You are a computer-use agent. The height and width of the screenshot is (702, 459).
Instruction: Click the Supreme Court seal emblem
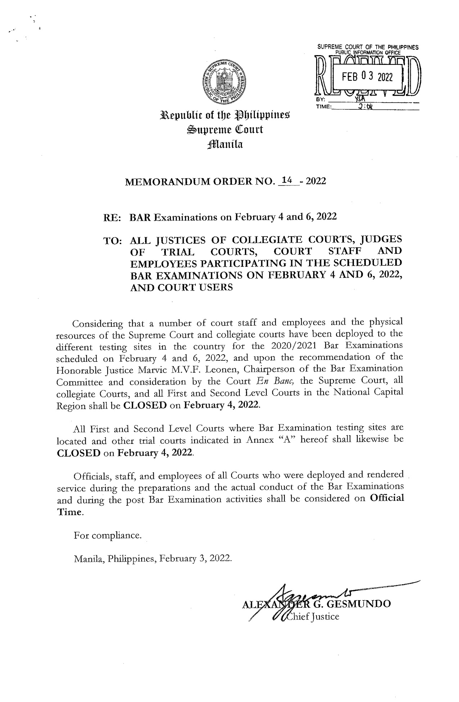(x=225, y=80)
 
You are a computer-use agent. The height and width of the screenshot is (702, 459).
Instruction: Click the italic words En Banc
(x=279, y=381)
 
